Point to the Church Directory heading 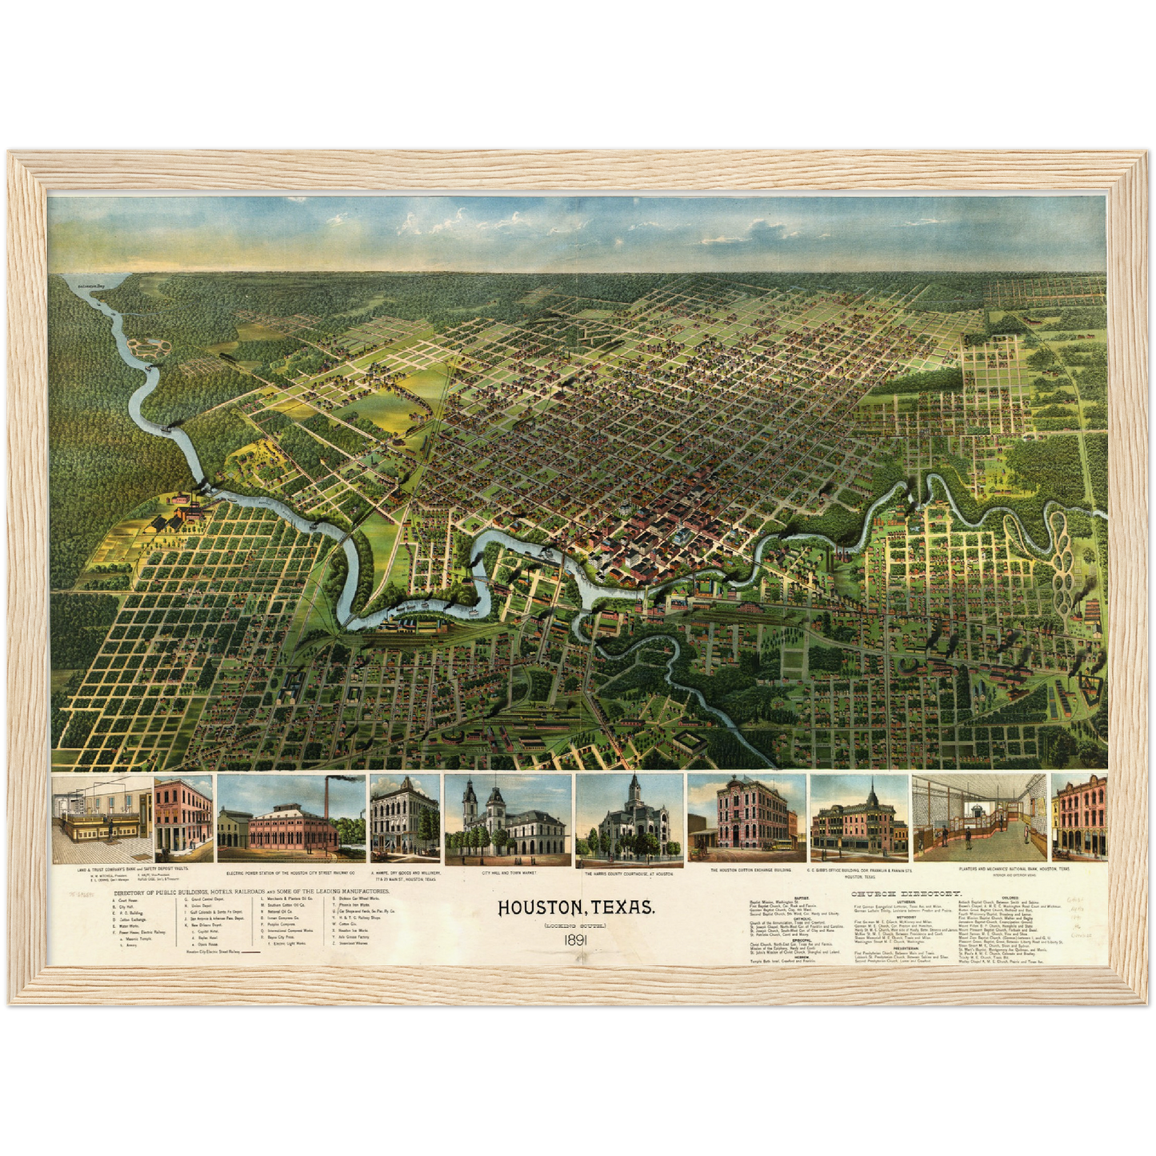click(906, 894)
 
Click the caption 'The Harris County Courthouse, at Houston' click(630, 874)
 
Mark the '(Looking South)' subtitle click(576, 926)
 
